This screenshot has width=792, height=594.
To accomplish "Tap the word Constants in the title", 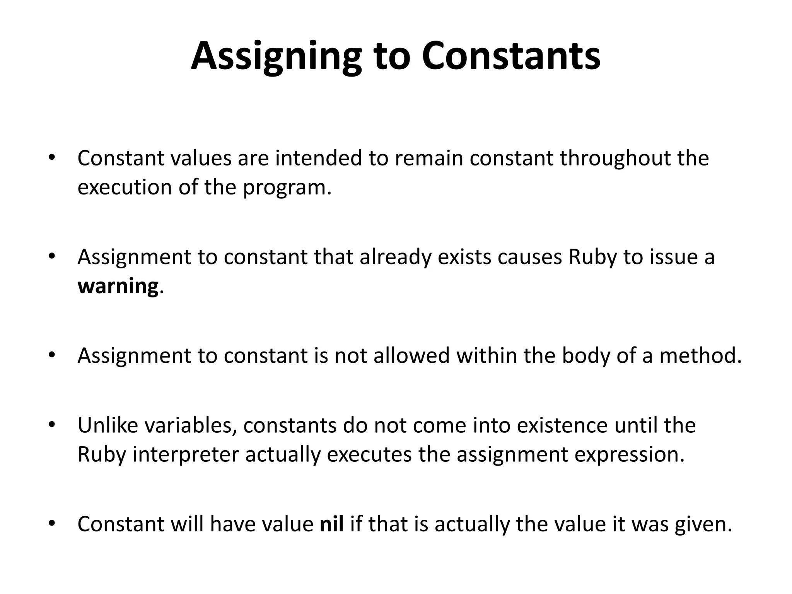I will pos(511,57).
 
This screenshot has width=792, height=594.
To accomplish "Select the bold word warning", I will pos(118,286).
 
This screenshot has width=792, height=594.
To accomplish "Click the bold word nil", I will pos(331,524).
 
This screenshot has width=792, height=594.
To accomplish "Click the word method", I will pos(700,356).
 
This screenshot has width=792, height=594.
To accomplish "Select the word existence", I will pos(562,425).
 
